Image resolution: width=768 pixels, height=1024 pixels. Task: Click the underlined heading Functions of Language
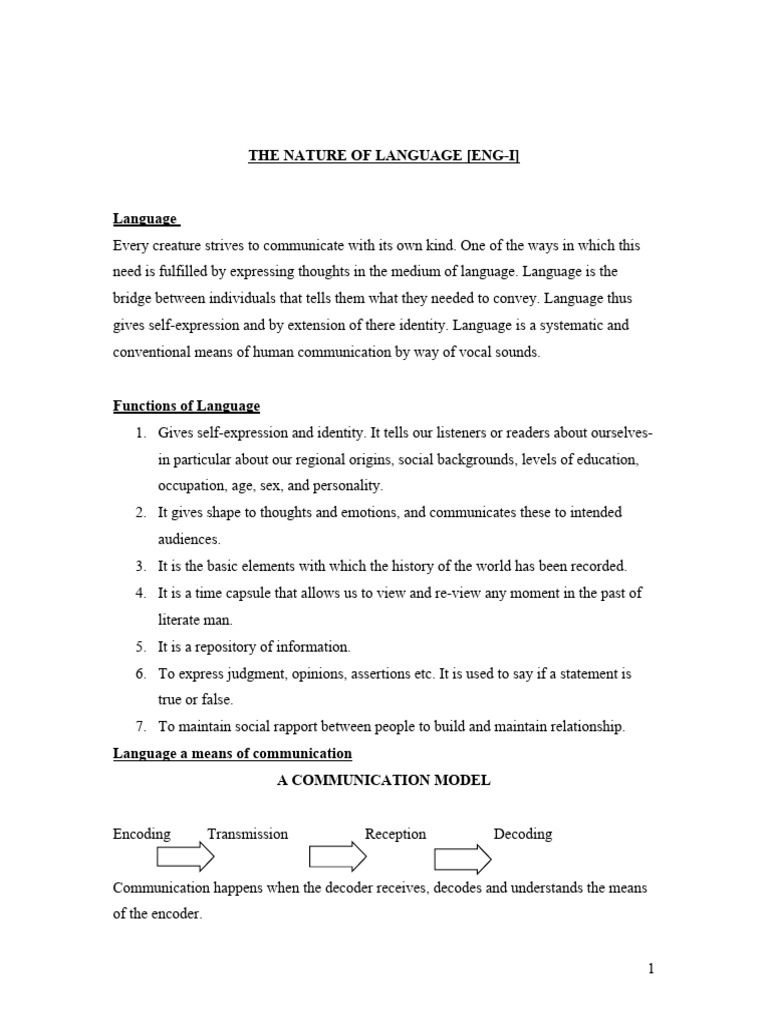186,406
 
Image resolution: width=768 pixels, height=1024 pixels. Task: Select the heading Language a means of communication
232,753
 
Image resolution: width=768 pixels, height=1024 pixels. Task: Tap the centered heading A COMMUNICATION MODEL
383,780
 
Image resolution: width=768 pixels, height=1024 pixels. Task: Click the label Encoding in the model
142,834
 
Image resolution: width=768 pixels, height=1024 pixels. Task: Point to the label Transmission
247,834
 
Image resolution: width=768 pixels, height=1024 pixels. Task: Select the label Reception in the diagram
395,834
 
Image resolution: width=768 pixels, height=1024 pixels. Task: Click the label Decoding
522,834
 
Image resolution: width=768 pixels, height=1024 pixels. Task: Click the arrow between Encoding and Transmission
186,858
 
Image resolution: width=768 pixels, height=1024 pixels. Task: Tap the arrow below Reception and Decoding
462,859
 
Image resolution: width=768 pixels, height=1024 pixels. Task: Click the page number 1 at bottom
650,968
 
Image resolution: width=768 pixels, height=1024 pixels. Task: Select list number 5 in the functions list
140,647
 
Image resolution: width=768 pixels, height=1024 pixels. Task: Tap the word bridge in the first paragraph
134,299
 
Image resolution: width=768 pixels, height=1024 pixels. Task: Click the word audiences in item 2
187,539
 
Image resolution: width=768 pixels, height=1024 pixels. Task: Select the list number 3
140,566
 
